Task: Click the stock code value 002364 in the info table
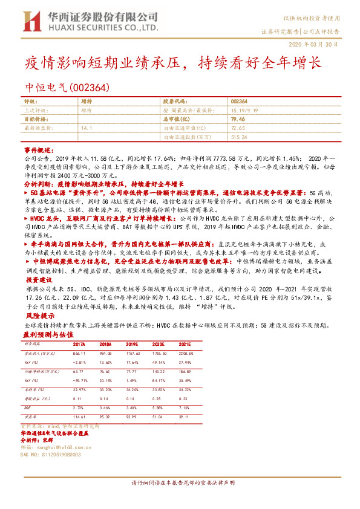coord(238,102)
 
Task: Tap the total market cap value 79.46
coord(237,120)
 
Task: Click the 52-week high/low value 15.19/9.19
coord(244,111)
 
